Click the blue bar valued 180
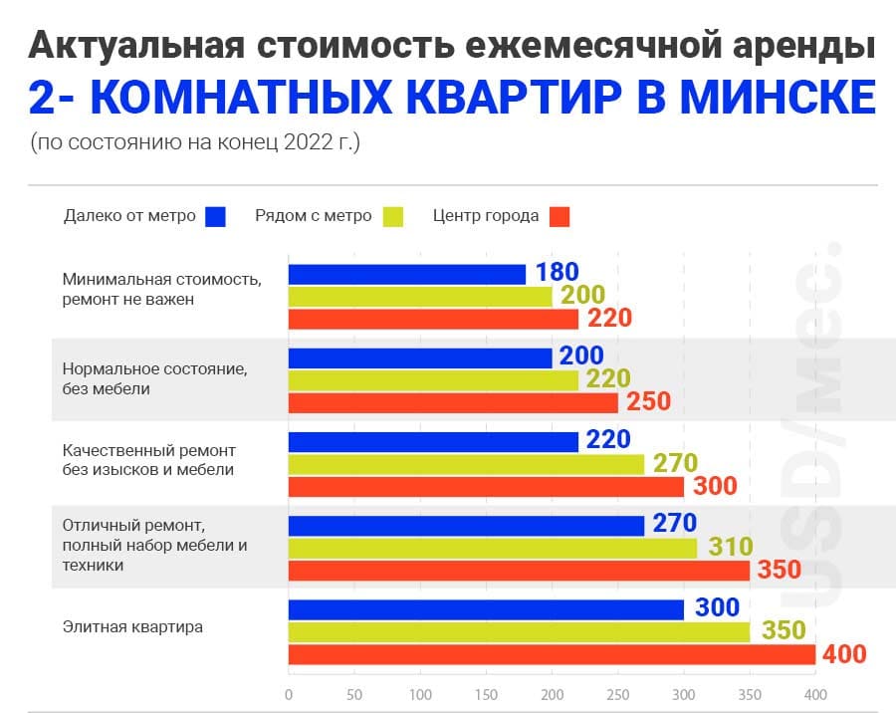pyautogui.click(x=406, y=274)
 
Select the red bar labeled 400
pyautogui.click(x=552, y=654)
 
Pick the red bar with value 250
pyautogui.click(x=453, y=402)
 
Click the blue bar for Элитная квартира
pyautogui.click(x=486, y=609)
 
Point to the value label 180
pyautogui.click(x=557, y=273)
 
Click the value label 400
pyautogui.click(x=844, y=654)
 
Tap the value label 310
pyautogui.click(x=730, y=548)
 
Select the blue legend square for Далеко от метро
pyautogui.click(x=216, y=216)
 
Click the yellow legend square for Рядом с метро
pyautogui.click(x=392, y=216)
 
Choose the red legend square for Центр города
pyautogui.click(x=560, y=216)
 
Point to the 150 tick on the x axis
pyautogui.click(x=486, y=694)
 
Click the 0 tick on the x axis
pyautogui.click(x=289, y=694)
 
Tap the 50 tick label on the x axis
pyautogui.click(x=354, y=694)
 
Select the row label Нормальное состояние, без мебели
pyautogui.click(x=153, y=378)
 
